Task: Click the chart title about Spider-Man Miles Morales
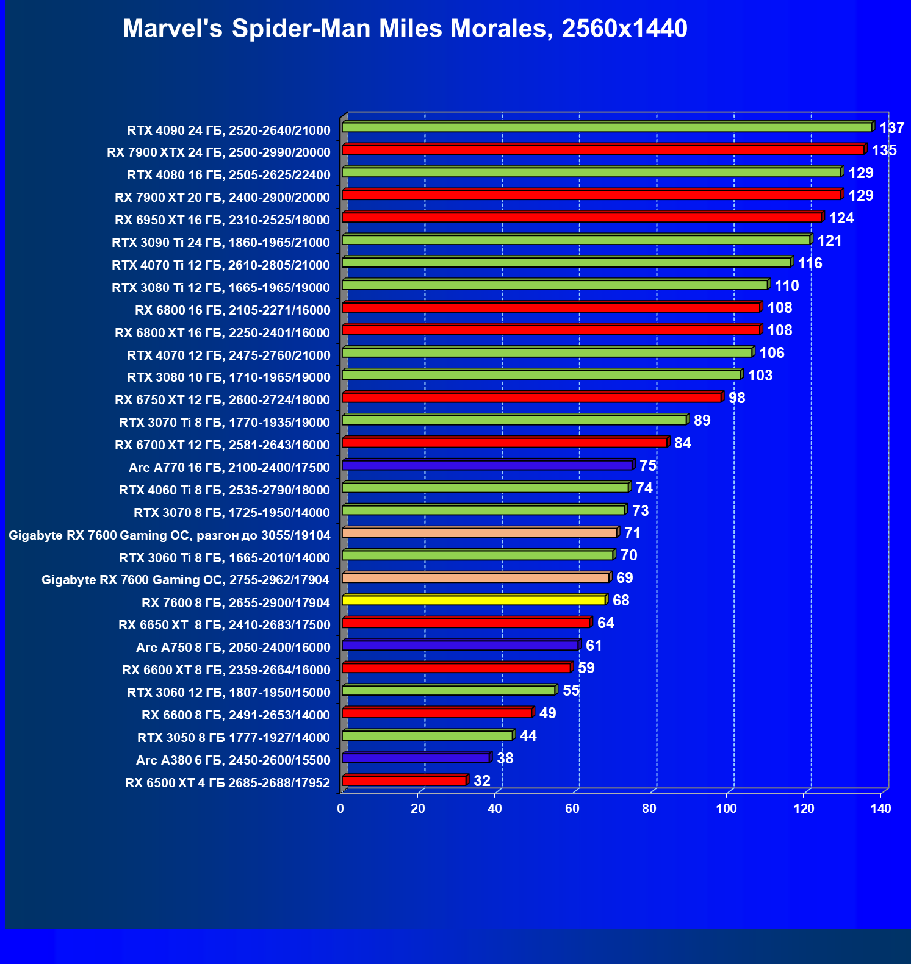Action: tap(405, 29)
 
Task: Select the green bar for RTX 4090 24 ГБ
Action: tap(607, 127)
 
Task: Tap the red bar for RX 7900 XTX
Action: tap(603, 149)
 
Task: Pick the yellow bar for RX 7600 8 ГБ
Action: tap(474, 601)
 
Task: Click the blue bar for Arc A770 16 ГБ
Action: tap(487, 465)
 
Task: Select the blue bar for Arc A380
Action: tap(416, 758)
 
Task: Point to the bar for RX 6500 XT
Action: tap(404, 780)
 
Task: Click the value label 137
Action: tap(891, 128)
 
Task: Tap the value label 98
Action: tap(736, 398)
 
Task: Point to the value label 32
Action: tap(481, 781)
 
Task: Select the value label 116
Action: tap(810, 263)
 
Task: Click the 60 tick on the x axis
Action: tap(572, 809)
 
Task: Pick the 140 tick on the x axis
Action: tap(880, 809)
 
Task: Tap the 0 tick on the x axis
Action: tap(340, 809)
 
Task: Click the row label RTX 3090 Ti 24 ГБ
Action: tap(221, 243)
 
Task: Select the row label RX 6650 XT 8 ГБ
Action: tap(224, 625)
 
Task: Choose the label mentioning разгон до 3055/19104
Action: tap(170, 535)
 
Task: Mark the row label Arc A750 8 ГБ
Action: tap(232, 648)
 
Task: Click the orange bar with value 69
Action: tap(475, 577)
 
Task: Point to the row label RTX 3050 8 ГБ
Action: tap(233, 738)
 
